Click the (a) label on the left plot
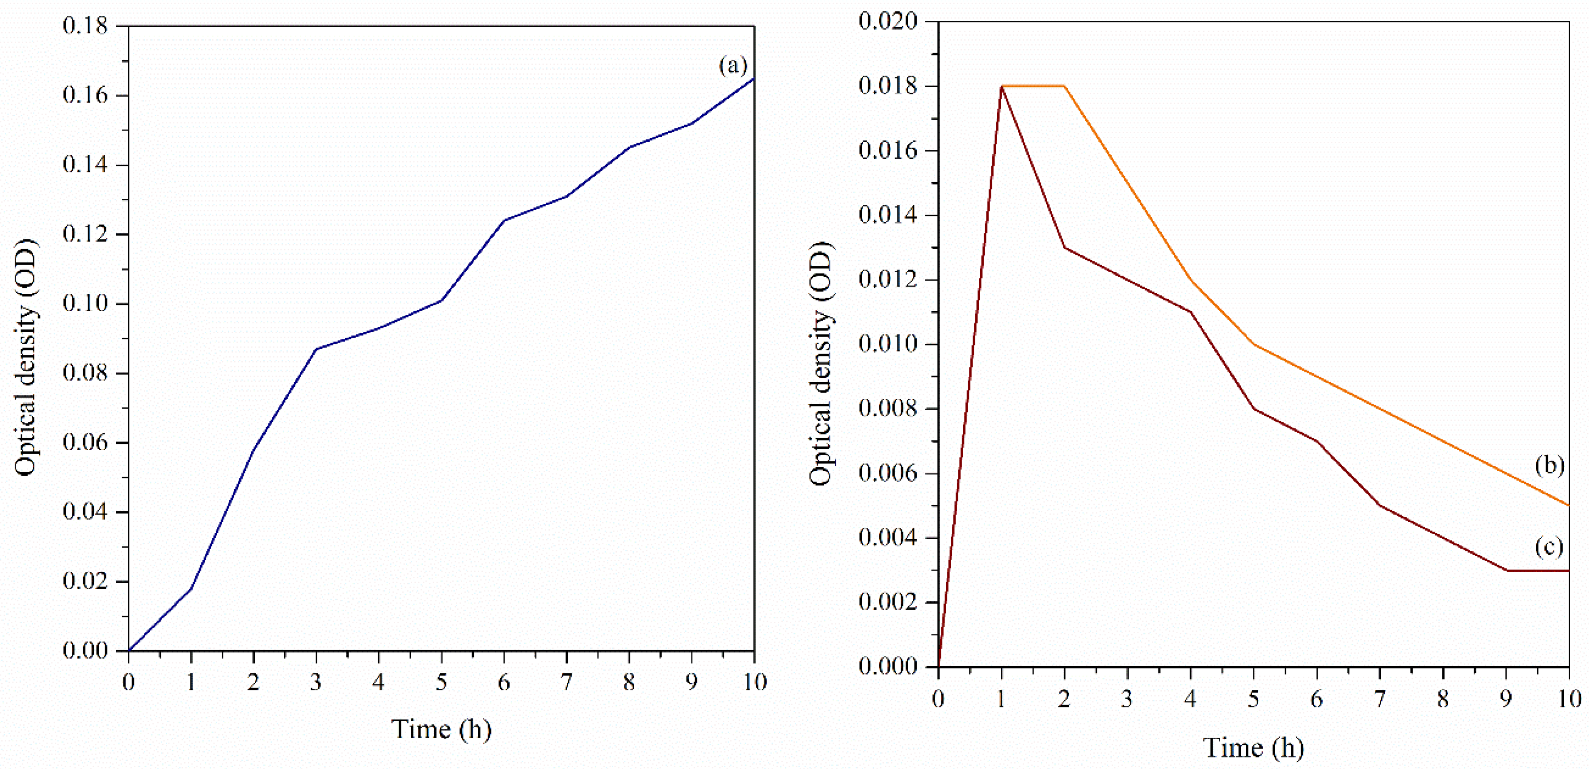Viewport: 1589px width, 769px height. click(733, 65)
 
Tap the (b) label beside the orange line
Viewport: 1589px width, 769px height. click(1549, 465)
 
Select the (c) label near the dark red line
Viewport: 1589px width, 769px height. click(1548, 547)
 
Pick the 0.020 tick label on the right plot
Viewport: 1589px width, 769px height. click(888, 21)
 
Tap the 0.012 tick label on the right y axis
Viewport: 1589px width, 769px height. click(888, 279)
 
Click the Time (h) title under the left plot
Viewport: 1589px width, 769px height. click(441, 730)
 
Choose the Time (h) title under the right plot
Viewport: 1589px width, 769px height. click(1253, 748)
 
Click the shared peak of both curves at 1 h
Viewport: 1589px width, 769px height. click(1002, 86)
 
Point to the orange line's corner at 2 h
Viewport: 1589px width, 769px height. click(1065, 86)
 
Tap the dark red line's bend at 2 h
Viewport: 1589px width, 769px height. click(1065, 248)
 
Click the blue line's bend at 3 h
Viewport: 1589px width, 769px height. click(316, 349)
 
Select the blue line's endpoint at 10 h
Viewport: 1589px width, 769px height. click(753, 79)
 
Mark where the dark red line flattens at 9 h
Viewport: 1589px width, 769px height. click(1506, 570)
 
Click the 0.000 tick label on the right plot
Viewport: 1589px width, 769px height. click(888, 667)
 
